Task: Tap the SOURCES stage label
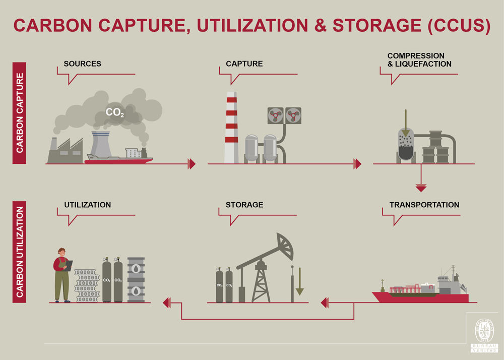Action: [x=82, y=64]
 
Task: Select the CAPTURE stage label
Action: [x=244, y=64]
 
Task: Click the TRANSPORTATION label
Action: [x=424, y=205]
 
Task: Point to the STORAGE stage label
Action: [x=244, y=205]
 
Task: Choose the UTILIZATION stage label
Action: [x=87, y=205]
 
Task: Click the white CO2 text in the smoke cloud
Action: [x=115, y=113]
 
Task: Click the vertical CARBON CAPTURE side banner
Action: [x=19, y=113]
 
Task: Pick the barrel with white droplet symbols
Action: [x=136, y=280]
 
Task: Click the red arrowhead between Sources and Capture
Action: [x=192, y=163]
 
